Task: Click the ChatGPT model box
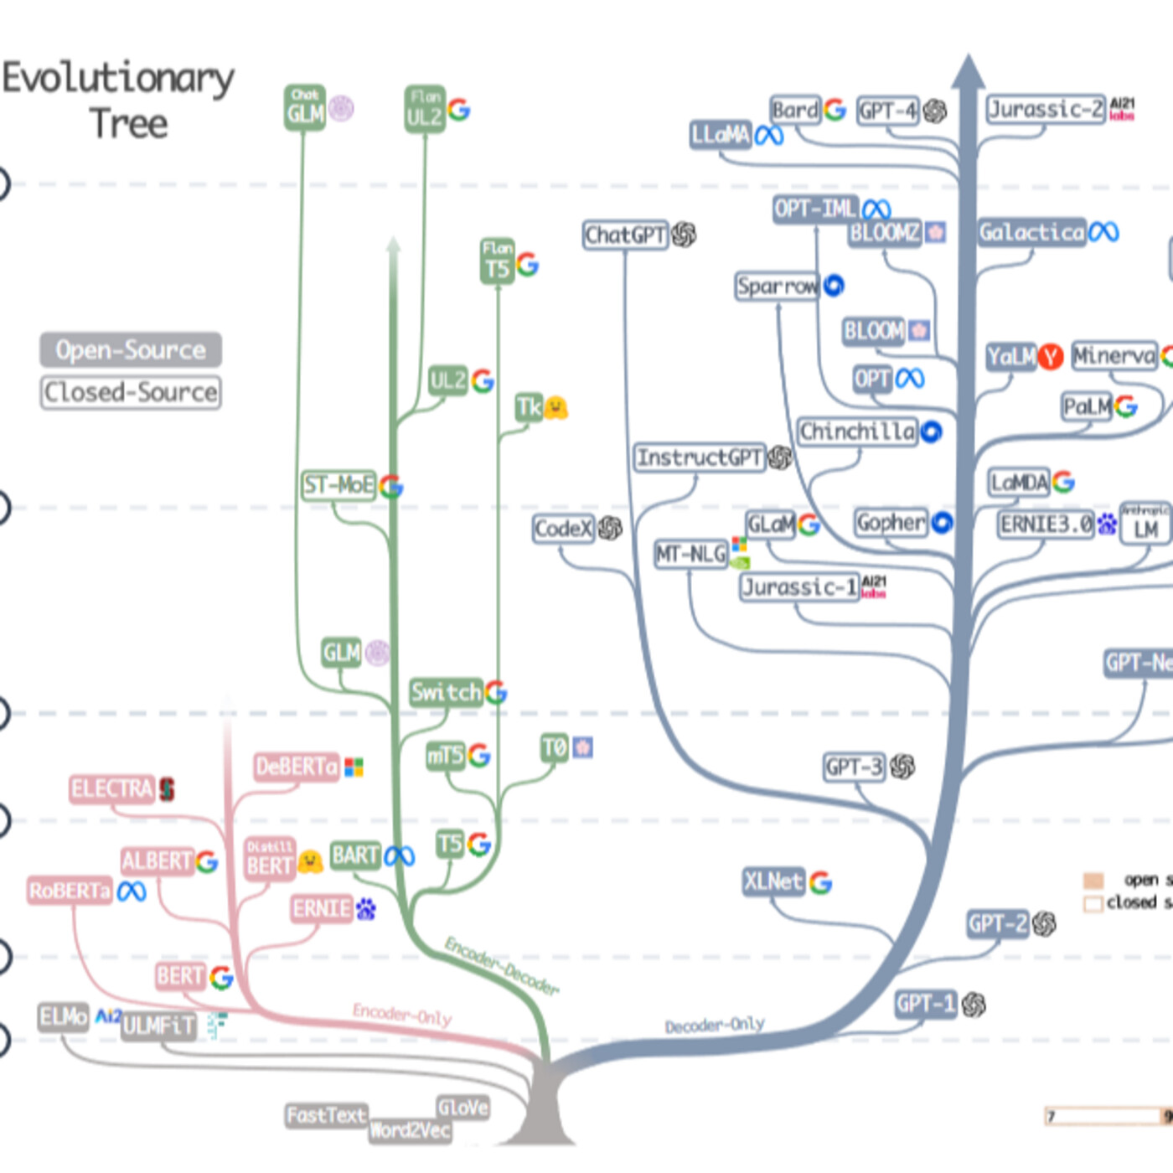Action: coord(625,235)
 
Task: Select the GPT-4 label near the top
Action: coord(888,111)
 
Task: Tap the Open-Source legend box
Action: coord(131,350)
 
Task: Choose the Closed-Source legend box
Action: coord(131,392)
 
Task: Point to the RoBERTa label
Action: coord(70,891)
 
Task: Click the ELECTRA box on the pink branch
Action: coord(111,788)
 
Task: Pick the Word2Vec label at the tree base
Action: coord(410,1131)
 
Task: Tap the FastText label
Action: coord(326,1115)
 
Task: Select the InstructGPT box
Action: coord(700,457)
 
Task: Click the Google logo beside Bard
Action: coord(835,110)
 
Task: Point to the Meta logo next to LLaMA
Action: coord(769,135)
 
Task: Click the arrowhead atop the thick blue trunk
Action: coord(968,71)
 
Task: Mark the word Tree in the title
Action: coord(128,124)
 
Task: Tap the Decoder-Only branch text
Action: coord(715,1026)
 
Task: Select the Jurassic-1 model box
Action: coord(799,586)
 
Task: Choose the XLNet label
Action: coord(773,881)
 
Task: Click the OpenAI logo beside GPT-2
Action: coord(1044,924)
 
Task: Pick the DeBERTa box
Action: coord(297,767)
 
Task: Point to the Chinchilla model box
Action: coord(857,431)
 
